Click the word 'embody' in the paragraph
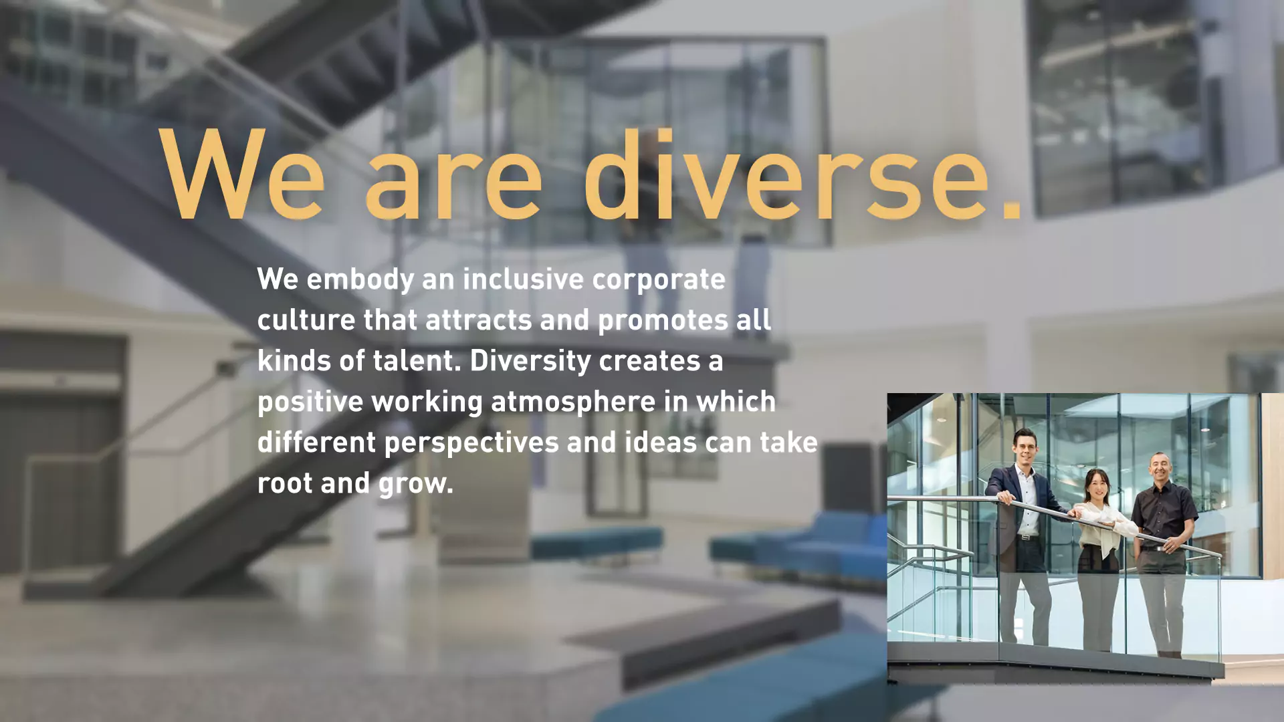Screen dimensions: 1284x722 pos(360,280)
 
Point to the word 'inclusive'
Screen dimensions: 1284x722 pos(524,279)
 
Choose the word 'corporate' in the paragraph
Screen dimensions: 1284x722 pos(659,280)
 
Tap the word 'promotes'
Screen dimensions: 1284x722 pos(663,321)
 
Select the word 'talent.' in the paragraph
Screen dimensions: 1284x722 pos(417,360)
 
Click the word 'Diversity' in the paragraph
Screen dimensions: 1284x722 pos(530,362)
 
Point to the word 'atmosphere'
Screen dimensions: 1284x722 pos(573,402)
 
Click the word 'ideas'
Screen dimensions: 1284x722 pos(661,442)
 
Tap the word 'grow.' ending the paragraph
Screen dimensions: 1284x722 pos(416,484)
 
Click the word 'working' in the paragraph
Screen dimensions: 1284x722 pos(427,402)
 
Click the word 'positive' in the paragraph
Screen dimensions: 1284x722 pos(310,402)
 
